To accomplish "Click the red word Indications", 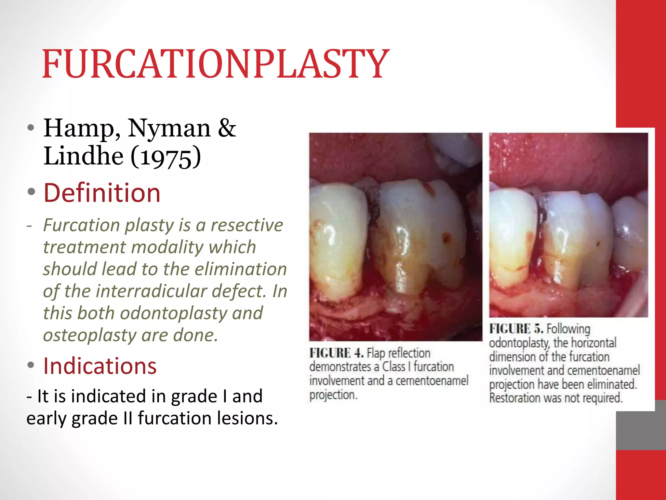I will [100, 366].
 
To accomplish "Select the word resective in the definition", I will [247, 225].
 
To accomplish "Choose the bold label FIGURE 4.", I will [336, 353].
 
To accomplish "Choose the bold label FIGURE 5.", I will [516, 329].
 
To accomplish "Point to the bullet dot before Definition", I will [31, 192].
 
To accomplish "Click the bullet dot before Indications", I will [31, 365].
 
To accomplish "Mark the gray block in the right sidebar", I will [641, 425].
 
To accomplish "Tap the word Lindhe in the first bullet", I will [83, 156].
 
